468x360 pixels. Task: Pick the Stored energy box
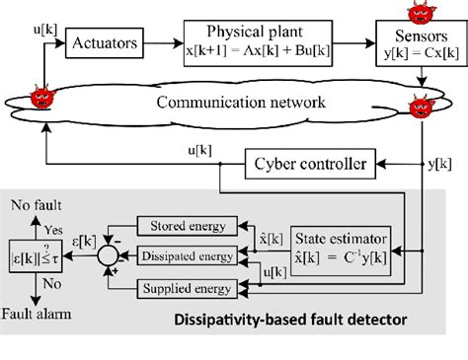[x=189, y=227]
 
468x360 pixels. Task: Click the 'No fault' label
[x=34, y=206]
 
